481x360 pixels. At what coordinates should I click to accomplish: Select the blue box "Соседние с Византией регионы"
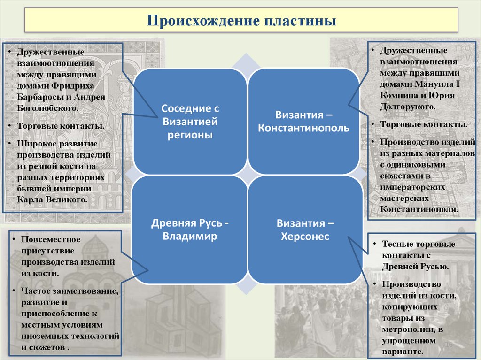point(190,122)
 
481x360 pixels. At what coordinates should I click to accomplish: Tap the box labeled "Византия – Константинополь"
point(303,122)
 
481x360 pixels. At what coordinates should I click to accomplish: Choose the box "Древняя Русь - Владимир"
point(190,230)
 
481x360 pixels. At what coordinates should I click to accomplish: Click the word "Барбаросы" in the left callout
point(38,97)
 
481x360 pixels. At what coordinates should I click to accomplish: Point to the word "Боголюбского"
point(47,108)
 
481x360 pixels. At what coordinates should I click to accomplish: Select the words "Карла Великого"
point(52,199)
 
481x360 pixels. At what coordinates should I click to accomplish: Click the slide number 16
point(448,345)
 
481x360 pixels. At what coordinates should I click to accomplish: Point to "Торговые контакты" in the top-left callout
point(61,126)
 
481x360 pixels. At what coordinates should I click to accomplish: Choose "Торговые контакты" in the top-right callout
point(424,124)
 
